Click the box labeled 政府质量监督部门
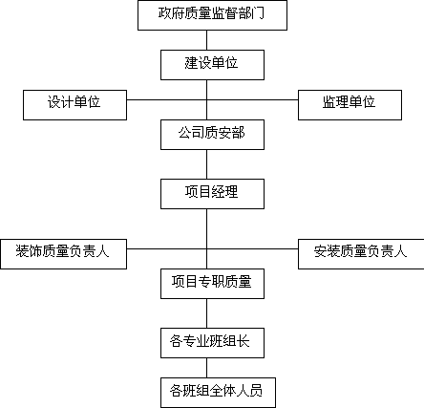pos(212,15)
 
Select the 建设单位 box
pos(212,65)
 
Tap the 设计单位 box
pos(74,105)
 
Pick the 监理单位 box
pos(350,105)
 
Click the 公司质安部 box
pos(212,135)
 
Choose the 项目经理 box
pos(212,194)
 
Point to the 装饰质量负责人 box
pos(63,254)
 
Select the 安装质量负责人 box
pos(361,254)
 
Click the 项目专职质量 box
pos(212,284)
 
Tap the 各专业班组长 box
pos(212,343)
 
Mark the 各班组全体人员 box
pos(218,393)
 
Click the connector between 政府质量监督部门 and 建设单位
pos(206,40)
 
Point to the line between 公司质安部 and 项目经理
pos(206,164)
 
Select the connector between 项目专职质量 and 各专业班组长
pos(206,313)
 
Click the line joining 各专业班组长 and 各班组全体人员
pos(206,368)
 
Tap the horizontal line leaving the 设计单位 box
pos(166,99)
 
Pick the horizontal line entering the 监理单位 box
pos(252,99)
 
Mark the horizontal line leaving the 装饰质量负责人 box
pos(166,248)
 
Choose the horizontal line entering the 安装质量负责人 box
pos(252,248)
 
